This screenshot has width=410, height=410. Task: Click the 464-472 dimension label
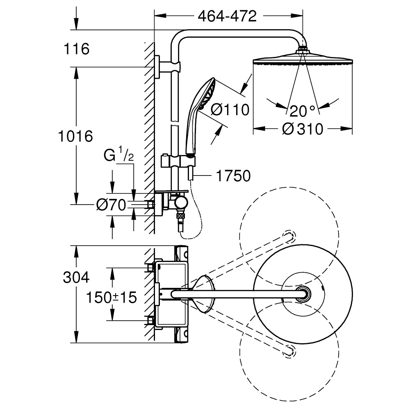pos(227,17)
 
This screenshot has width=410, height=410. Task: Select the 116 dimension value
pos(76,49)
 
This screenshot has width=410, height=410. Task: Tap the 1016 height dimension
pos(75,136)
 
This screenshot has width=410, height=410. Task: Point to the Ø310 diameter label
pos(303,129)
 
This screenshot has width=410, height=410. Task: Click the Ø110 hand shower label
pos(230,109)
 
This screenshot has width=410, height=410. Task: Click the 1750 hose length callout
pos(233,176)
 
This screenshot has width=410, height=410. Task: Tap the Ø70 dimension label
pos(111,205)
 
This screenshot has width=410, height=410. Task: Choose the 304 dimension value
pos(76,278)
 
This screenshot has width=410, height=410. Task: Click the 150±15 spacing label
pos(112,297)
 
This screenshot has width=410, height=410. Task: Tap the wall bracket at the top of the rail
pos(167,66)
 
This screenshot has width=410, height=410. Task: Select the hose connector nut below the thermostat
pos(180,216)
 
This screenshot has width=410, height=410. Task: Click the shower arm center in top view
pos(303,294)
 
